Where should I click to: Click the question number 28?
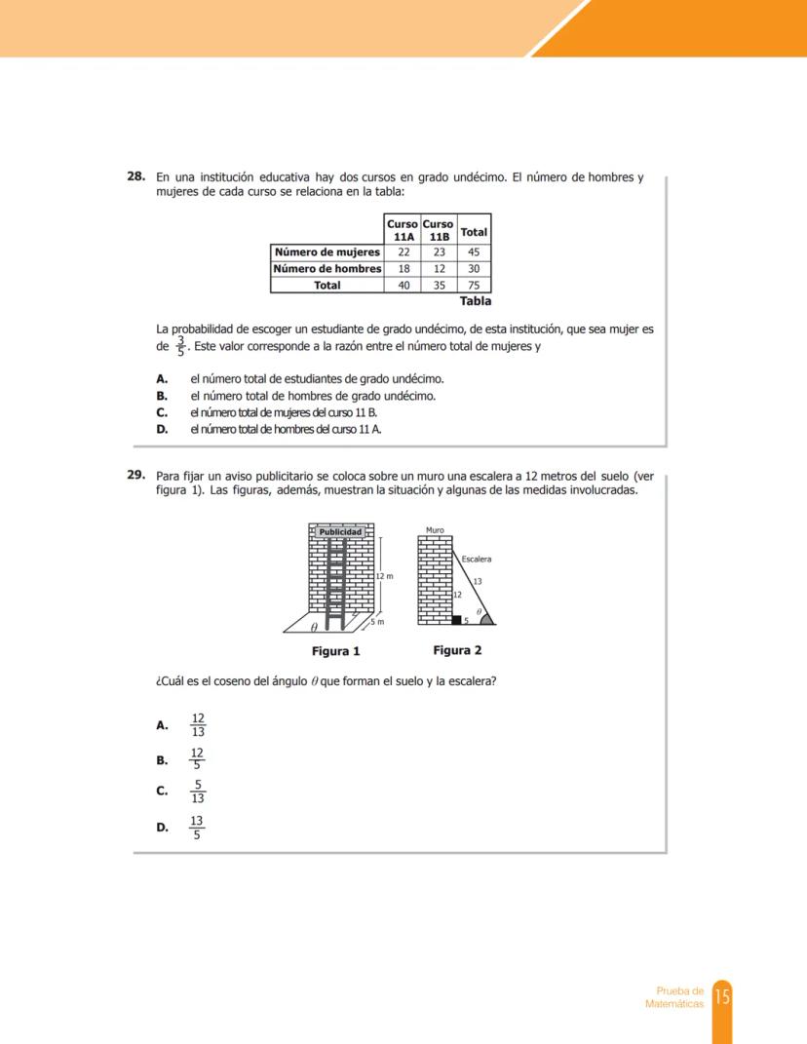136,177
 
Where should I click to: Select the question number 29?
136,476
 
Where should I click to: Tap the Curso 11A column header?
403,230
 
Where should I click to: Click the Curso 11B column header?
439,230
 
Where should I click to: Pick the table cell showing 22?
403,252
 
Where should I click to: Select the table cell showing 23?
439,252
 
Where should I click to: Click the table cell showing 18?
403,268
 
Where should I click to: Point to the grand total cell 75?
474,285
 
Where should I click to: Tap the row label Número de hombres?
327,268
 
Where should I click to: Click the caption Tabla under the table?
475,301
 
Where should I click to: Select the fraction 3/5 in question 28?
179,347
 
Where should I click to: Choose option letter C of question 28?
162,412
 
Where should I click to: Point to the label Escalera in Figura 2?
476,560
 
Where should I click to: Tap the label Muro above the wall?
435,530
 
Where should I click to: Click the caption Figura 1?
335,651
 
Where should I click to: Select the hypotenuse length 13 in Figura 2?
478,581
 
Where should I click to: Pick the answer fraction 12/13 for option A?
198,725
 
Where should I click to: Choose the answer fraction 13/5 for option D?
197,828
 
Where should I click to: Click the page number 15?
722,996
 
